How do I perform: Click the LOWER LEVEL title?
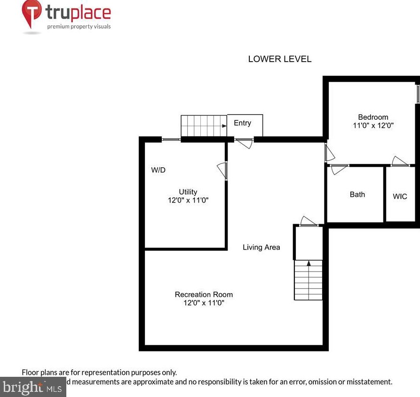coord(279,59)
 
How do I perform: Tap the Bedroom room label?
coord(373,117)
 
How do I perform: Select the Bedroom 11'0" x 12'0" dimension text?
coord(373,126)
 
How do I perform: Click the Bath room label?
coord(357,195)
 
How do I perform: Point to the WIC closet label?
coord(400,196)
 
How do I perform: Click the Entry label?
coord(242,123)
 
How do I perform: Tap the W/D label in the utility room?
coord(158,170)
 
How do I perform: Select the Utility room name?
coord(188,192)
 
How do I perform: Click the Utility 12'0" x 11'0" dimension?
coord(188,200)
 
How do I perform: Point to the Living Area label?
coord(261,247)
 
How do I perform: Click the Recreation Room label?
coord(204,295)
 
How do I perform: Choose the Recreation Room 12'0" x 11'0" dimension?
coord(204,303)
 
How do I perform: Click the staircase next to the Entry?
coord(204,126)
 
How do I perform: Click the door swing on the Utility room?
coord(222,171)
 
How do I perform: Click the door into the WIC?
coord(400,162)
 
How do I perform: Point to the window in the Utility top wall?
coord(171,140)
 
